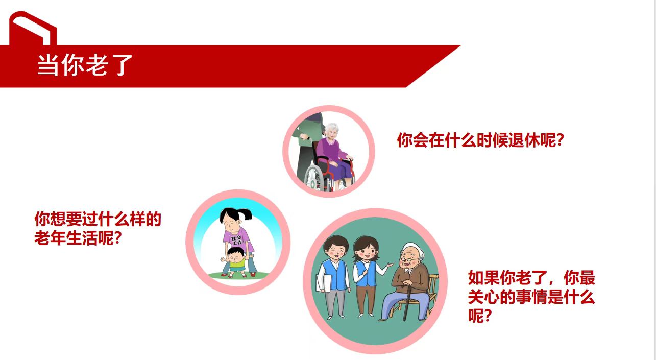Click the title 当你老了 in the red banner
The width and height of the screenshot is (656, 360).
point(85,65)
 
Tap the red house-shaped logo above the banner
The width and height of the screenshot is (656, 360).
point(33,28)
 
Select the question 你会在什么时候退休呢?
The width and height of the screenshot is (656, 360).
point(480,140)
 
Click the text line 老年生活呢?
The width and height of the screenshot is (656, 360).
point(78,238)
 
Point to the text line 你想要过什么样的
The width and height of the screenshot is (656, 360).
point(98,219)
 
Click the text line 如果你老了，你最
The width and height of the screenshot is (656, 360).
point(531,277)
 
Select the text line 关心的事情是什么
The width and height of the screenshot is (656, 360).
point(531,297)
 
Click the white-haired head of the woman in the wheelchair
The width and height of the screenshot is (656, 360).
point(331,131)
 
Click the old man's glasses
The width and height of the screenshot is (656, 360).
point(409,259)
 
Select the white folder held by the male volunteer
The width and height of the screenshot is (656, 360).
point(323,283)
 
